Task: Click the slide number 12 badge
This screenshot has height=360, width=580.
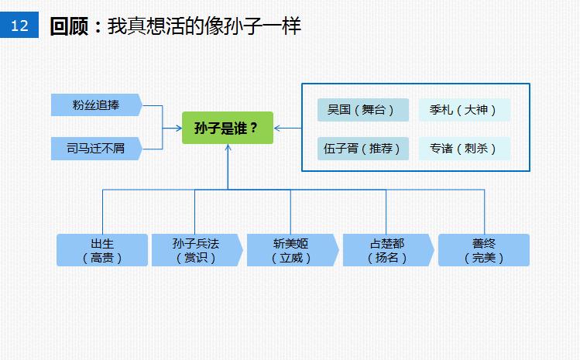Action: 19,26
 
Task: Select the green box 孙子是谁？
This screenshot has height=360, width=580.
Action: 228,128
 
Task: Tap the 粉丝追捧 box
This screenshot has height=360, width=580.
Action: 95,105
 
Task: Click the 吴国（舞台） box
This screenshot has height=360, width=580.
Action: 362,110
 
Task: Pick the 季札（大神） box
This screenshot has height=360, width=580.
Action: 464,110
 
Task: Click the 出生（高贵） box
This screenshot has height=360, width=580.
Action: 102,250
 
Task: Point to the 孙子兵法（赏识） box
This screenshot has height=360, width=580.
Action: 197,250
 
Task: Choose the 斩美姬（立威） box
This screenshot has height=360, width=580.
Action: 292,250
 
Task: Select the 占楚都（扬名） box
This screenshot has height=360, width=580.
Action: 387,250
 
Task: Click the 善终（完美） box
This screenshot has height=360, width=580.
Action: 484,250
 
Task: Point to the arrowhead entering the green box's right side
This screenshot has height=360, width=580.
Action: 278,128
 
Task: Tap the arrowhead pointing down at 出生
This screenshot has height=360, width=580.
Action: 102,230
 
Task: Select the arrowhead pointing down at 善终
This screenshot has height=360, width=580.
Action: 484,230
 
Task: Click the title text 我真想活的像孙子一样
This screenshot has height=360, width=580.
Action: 204,26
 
